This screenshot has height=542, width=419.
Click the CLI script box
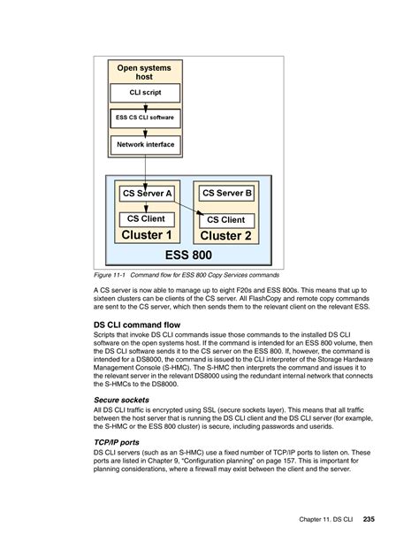pyautogui.click(x=145, y=93)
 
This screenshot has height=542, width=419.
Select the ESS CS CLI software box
pyautogui.click(x=145, y=117)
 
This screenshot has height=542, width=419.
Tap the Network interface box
pyautogui.click(x=145, y=143)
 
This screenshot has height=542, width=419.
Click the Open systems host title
pyautogui.click(x=145, y=73)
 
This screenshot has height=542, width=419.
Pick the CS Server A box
pyautogui.click(x=147, y=193)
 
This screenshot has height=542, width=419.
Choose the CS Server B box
pyautogui.click(x=227, y=193)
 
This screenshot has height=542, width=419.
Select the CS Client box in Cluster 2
pyautogui.click(x=227, y=219)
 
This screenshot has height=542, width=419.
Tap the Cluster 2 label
pyautogui.click(x=226, y=236)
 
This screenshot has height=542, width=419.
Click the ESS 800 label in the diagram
pyautogui.click(x=188, y=256)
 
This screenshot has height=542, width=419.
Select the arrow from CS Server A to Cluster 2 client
pyautogui.click(x=186, y=210)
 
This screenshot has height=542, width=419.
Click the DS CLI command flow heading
pyautogui.click(x=137, y=325)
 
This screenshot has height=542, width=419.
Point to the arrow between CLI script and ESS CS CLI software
pyautogui.click(x=145, y=105)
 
